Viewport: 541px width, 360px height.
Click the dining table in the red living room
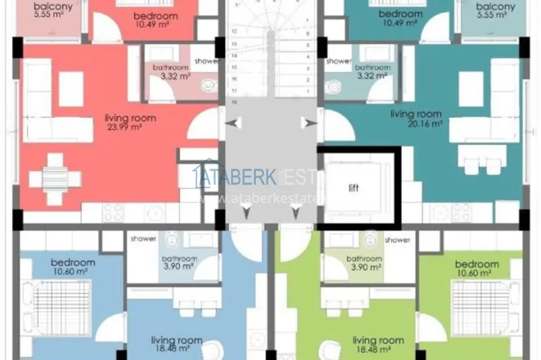click(x=56, y=179)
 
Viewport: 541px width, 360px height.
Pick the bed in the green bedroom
click(x=482, y=308)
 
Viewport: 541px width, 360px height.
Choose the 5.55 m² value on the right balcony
click(x=495, y=20)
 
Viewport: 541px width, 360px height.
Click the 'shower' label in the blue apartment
click(x=143, y=239)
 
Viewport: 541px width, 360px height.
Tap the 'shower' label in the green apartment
click(x=397, y=240)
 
